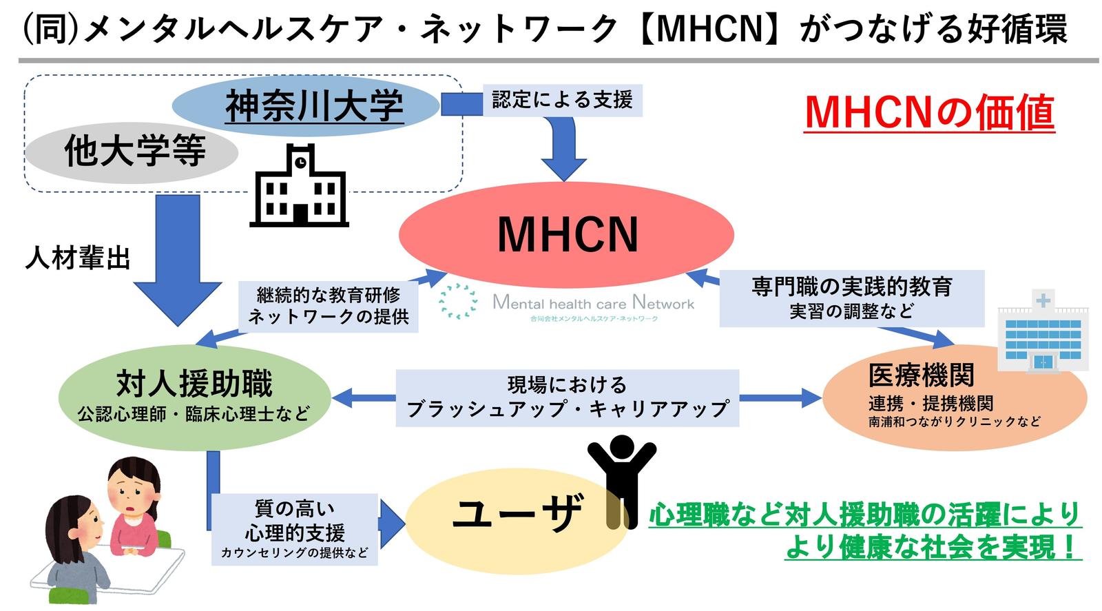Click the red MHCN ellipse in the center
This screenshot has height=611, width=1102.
(566, 235)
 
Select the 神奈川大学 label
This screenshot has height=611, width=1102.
(314, 106)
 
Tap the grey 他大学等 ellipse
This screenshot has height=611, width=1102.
(132, 152)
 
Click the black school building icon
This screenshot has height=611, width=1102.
(299, 185)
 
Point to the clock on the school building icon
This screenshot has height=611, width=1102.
(300, 162)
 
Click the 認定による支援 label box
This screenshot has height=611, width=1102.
(562, 101)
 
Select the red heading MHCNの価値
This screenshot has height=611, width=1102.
(929, 113)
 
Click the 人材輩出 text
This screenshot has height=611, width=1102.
(78, 258)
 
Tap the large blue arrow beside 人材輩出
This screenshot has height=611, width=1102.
(178, 260)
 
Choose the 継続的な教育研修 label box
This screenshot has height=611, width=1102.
(328, 306)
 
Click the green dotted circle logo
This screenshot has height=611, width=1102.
(458, 301)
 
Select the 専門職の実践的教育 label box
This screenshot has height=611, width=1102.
(852, 298)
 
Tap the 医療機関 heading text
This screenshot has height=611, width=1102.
(921, 375)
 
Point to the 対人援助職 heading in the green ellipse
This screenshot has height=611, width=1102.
(194, 384)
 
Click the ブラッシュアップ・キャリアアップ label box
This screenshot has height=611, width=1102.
(568, 398)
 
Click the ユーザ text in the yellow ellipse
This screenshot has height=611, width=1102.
(518, 512)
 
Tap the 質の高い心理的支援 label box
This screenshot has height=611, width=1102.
(295, 529)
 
